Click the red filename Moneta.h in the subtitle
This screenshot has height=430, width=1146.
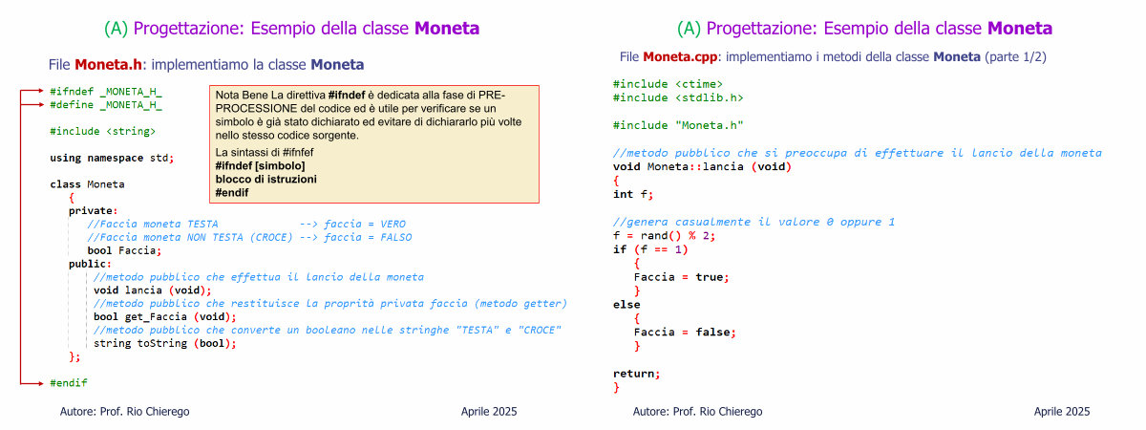(x=108, y=65)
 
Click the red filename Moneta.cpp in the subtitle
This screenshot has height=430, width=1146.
(x=680, y=56)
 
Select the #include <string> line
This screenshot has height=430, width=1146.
(x=102, y=132)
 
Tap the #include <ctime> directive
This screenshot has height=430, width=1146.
(x=668, y=84)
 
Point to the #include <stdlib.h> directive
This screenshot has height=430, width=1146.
(x=678, y=97)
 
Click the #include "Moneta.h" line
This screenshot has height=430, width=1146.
(x=678, y=125)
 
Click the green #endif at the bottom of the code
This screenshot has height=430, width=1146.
(x=69, y=383)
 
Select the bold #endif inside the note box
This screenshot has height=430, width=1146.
(x=232, y=192)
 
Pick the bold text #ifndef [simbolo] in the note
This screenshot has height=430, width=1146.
(x=260, y=166)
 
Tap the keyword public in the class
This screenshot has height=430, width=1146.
(x=90, y=264)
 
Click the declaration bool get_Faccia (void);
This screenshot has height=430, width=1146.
(x=164, y=317)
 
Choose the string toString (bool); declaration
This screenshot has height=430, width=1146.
(x=164, y=343)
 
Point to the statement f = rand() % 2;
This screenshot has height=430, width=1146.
(x=664, y=236)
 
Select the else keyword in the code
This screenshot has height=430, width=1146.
(x=626, y=305)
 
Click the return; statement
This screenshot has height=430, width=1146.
(x=636, y=374)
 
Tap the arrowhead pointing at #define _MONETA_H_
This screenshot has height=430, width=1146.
(x=41, y=104)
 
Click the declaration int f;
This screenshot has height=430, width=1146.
(x=633, y=195)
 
